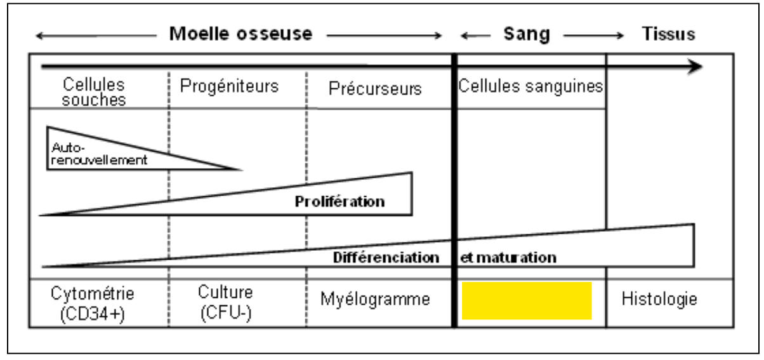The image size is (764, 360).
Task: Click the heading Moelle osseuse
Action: point(240,34)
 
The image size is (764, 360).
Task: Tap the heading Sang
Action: point(527,34)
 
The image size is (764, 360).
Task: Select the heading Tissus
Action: point(668,34)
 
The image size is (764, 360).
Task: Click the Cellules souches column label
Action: point(95,92)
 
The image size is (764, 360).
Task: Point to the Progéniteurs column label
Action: point(229,86)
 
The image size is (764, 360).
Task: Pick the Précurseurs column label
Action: point(375,88)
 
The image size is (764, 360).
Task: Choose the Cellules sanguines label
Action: point(530,86)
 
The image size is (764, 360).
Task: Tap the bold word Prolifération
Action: point(340,202)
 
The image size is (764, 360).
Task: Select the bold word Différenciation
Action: point(386,258)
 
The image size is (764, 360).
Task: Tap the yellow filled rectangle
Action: point(527,300)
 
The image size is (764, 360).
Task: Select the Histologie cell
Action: point(660,299)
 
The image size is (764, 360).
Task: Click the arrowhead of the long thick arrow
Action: point(695,67)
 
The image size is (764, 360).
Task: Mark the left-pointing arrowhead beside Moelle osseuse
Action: point(41,36)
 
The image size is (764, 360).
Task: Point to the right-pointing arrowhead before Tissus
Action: point(620,36)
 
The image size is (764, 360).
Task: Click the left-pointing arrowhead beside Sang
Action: point(465,36)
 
